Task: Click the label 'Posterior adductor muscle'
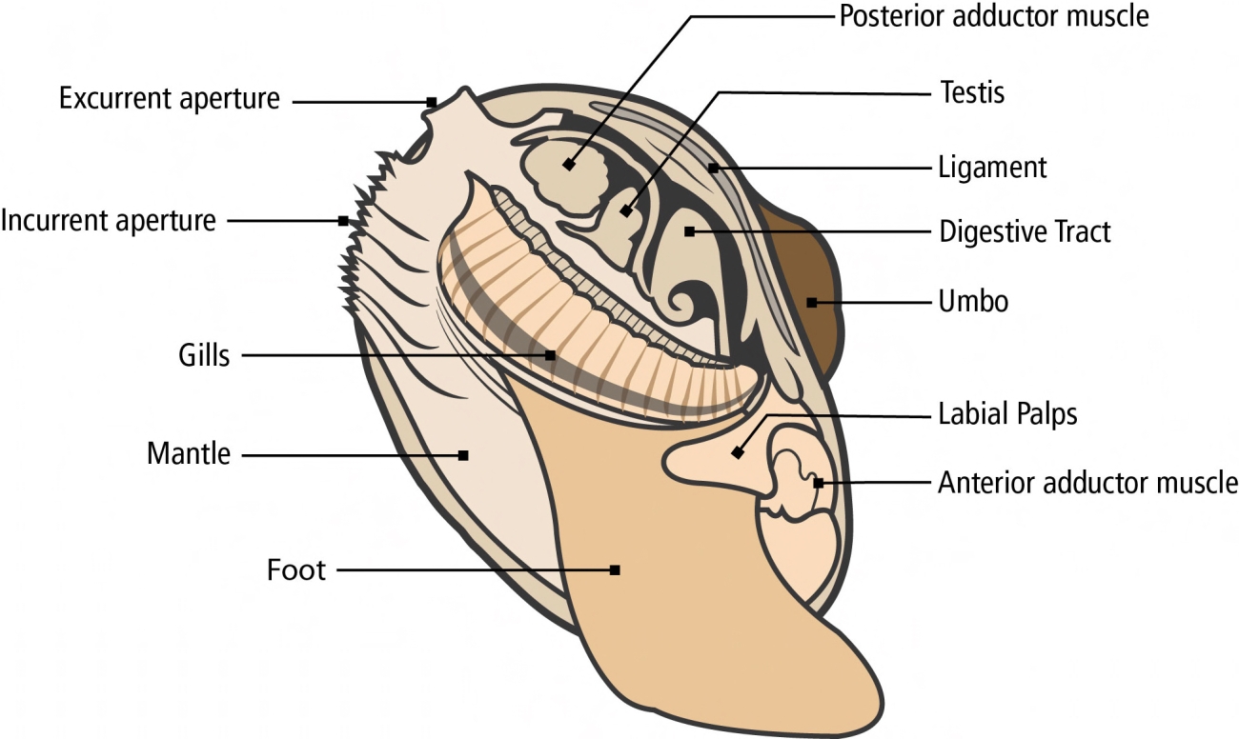[x=994, y=16]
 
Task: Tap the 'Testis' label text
[x=972, y=92]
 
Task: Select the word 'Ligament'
[x=993, y=169]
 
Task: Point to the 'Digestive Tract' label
[x=1025, y=231]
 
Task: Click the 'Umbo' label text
[x=973, y=303]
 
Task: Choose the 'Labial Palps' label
[x=1008, y=415]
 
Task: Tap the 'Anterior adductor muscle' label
[x=1087, y=483]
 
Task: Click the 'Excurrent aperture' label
[x=170, y=98]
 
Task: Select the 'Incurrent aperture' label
[x=109, y=221]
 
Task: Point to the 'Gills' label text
[x=203, y=356]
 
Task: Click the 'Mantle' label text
[x=189, y=453]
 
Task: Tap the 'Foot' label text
[x=296, y=570]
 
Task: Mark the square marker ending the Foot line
[x=615, y=570]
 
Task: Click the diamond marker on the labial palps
[x=737, y=453]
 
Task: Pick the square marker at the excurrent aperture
[x=432, y=102]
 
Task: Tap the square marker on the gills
[x=550, y=355]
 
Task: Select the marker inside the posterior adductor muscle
[x=569, y=164]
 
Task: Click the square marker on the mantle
[x=463, y=455]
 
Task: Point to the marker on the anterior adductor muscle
[x=818, y=483]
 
